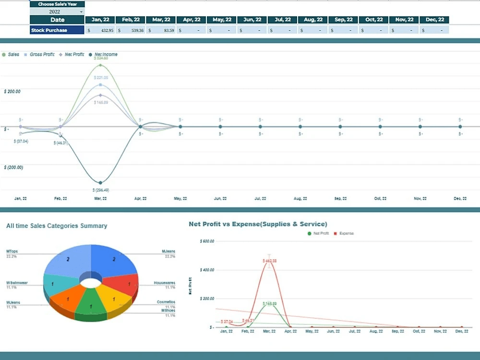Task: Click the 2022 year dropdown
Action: (57, 12)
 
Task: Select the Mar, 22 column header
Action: (161, 20)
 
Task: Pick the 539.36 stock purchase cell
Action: (131, 30)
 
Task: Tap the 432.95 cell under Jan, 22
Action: (100, 30)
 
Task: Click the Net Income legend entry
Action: (105, 55)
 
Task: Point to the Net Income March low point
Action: (100, 183)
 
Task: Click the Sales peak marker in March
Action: (100, 65)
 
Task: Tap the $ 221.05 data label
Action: (101, 78)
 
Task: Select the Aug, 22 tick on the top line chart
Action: (300, 199)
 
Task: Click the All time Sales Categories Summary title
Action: (57, 226)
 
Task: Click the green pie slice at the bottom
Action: (91, 307)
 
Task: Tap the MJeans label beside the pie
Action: (168, 252)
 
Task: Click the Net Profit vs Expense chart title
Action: (258, 224)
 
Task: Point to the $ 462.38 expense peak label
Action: (269, 261)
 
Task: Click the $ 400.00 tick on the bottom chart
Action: (207, 270)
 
